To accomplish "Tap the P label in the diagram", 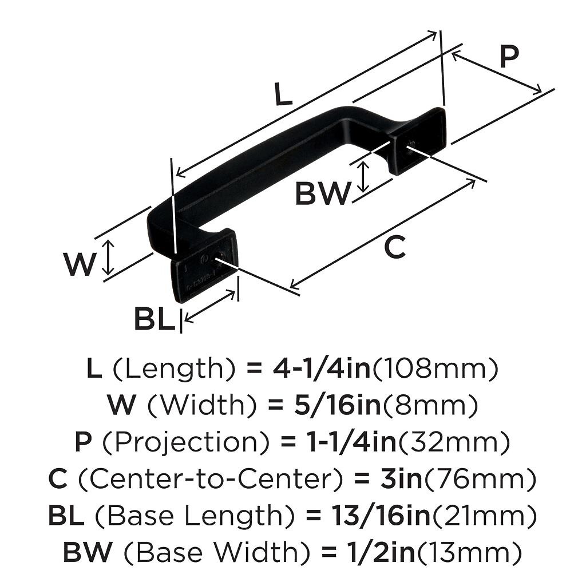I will tap(508, 57).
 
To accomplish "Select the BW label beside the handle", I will tap(322, 194).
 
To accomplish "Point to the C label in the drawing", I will tap(394, 248).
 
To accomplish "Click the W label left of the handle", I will tap(79, 264).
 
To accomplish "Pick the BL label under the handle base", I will tap(154, 319).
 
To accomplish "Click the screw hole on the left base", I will tap(217, 260).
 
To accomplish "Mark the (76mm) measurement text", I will tap(480, 480).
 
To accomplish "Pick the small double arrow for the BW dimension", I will tap(363, 177).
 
